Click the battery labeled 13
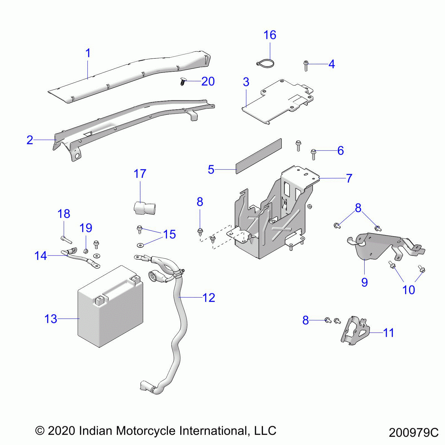click(111, 309)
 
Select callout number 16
click(270, 35)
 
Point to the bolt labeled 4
click(306, 66)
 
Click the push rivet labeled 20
click(183, 82)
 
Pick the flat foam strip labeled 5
click(259, 156)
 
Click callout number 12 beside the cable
click(209, 298)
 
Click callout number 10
click(409, 290)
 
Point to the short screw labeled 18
click(66, 239)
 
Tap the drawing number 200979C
click(413, 433)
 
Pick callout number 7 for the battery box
click(349, 178)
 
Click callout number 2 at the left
click(30, 140)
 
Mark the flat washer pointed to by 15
click(140, 245)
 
